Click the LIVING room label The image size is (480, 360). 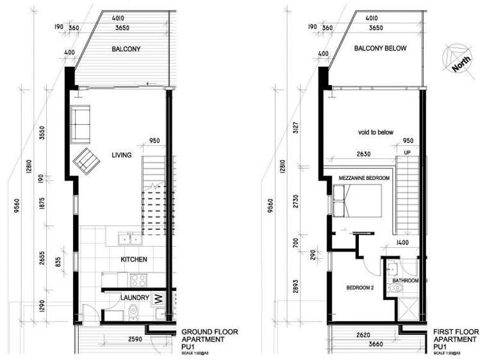121,155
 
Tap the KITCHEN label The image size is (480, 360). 135,259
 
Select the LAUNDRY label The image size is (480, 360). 135,297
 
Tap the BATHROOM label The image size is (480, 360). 406,281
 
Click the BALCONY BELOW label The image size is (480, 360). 380,49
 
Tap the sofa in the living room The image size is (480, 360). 81,124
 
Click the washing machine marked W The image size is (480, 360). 158,299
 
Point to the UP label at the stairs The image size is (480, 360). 407,152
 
